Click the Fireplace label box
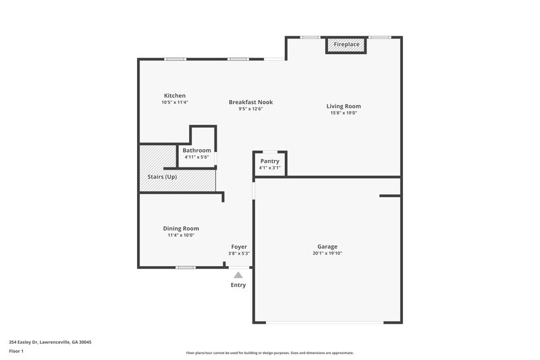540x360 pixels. point(347,45)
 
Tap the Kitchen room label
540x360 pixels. point(174,95)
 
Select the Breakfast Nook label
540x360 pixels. point(250,102)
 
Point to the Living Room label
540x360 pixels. point(344,106)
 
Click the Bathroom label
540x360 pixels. point(196,150)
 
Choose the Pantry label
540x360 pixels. point(270,161)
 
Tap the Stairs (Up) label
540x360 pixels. point(162,177)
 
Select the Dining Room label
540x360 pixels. point(181,228)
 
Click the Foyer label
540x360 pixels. point(239,247)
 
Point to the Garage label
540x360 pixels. point(327,247)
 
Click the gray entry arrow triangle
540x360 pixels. point(238,274)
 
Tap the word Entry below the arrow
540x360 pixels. point(238,285)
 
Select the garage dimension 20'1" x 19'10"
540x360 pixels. point(327,253)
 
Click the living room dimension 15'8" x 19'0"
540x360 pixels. point(344,113)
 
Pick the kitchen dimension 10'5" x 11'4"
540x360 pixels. point(174,102)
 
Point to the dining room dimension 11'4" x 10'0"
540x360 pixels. point(181,235)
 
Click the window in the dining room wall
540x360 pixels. point(186,267)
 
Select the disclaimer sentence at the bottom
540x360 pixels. point(269,353)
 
